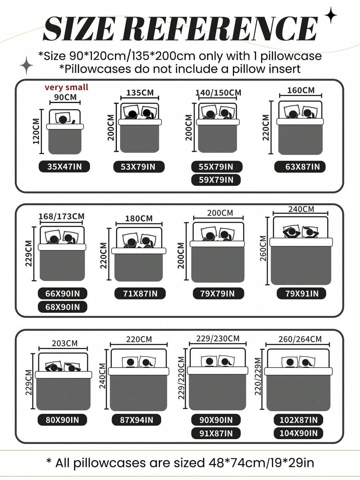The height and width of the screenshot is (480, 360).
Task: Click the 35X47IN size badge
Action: point(64,167)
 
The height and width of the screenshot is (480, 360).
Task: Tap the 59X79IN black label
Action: point(216,180)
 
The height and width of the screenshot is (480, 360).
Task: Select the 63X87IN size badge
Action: point(300,167)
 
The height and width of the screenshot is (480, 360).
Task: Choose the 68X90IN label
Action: point(62,307)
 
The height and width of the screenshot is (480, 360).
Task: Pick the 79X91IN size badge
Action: point(302,293)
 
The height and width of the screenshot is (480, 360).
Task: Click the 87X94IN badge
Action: point(136,420)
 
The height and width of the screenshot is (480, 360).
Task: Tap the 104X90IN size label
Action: point(298,433)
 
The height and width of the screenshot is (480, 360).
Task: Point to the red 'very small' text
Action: point(66,87)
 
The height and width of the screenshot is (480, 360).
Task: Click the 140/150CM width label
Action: point(218,92)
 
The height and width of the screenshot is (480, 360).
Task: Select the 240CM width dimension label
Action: point(301,209)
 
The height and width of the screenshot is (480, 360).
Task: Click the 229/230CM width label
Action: point(218,339)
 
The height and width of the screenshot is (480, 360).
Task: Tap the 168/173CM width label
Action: point(61,217)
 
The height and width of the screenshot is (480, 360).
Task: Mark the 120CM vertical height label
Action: point(36,131)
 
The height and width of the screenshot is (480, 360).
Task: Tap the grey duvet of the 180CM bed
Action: point(138,267)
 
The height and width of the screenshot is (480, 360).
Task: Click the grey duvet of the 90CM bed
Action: point(65,142)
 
